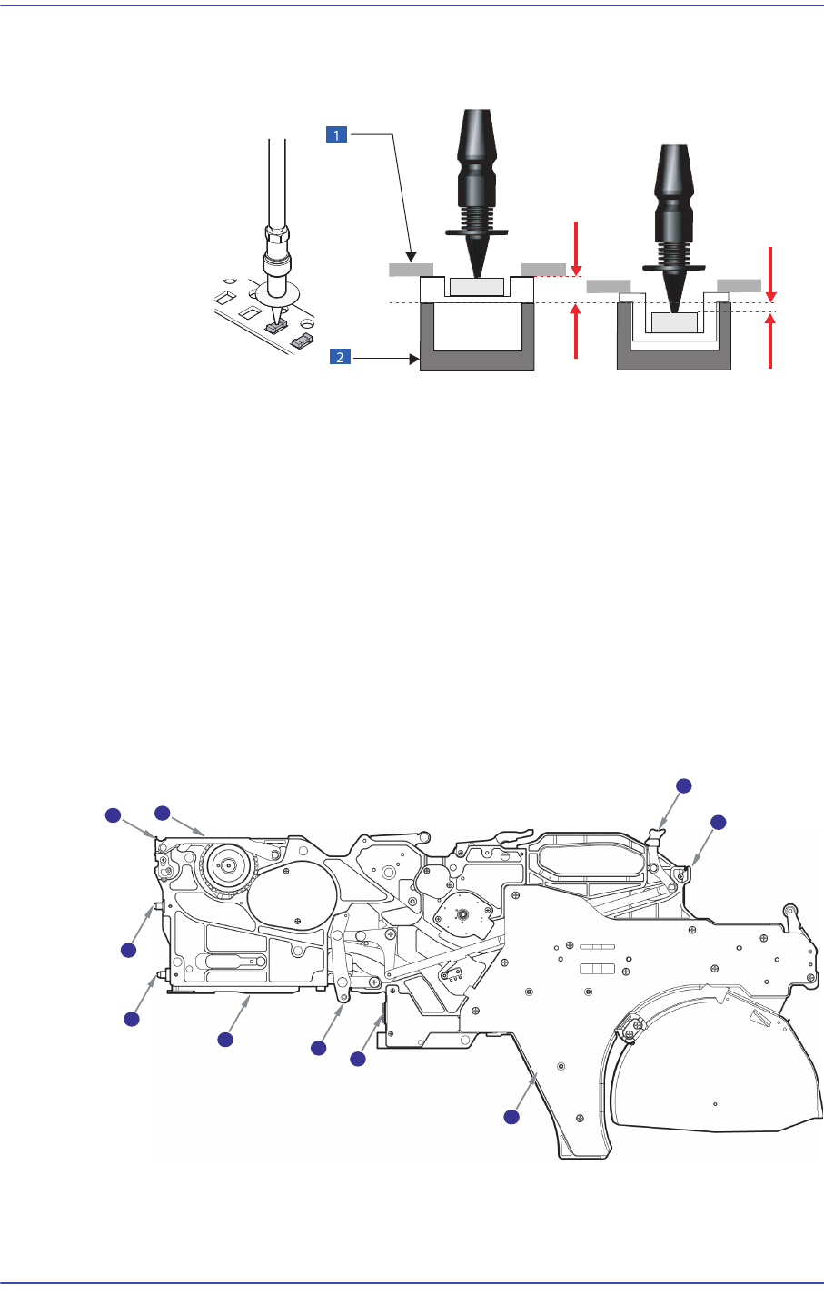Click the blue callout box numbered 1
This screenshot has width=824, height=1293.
point(337,134)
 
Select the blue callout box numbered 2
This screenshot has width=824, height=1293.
point(340,357)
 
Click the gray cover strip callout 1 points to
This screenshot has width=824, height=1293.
point(411,270)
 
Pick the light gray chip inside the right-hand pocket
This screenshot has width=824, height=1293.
point(674,322)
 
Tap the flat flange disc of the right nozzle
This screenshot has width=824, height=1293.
point(674,268)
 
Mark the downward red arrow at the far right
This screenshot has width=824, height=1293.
point(770,273)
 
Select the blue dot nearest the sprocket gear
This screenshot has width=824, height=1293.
point(163,811)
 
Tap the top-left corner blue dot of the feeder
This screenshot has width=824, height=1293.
point(112,815)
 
